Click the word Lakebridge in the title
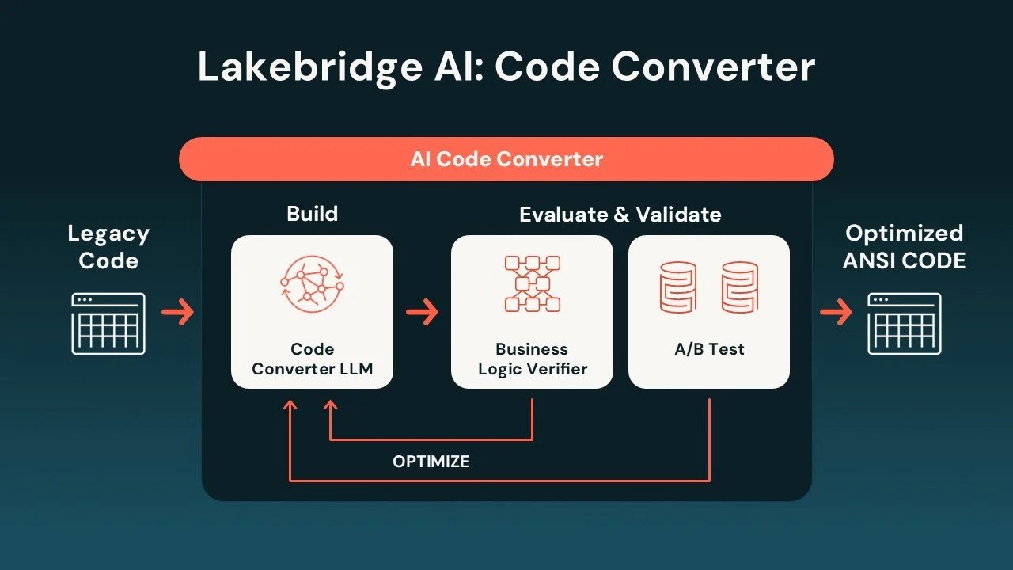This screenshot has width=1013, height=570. pos(310,68)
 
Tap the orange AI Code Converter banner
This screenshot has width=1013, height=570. pos(506,159)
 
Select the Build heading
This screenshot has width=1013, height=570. pos(313,214)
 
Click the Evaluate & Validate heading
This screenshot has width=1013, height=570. pos(620,215)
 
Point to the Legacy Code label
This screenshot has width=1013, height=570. pos(108,247)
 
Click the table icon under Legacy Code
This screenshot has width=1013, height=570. pos(108,324)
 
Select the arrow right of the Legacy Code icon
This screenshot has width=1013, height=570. pos(178,312)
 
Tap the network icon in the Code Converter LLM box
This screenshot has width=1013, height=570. pos(312,284)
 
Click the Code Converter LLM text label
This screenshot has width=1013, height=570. pos(313,359)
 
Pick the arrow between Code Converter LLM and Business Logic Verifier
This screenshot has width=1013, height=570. pos(423,312)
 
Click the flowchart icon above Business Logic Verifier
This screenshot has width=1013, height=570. pos(533,283)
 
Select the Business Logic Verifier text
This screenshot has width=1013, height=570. pos(533,359)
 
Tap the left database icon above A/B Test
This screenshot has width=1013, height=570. pos(678,287)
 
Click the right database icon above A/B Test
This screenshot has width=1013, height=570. pos(740,287)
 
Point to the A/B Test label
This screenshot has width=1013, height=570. pos(709,349)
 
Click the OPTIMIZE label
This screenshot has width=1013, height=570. pos(431,462)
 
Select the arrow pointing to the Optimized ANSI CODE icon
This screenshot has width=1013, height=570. pos(837,312)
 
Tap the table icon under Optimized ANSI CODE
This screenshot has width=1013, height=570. pos(905,324)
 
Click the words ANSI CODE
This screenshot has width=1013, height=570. pos(905,261)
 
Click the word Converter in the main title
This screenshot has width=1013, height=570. pos(714,68)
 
